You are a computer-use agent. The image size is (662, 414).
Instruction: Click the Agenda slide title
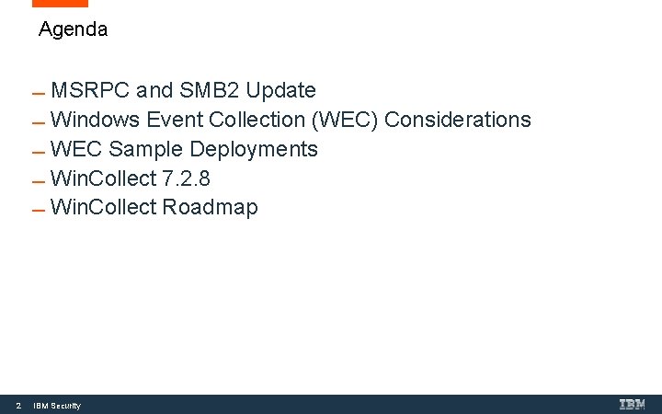point(74,29)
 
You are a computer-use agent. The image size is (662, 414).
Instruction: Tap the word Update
point(280,90)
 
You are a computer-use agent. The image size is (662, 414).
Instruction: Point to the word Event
point(174,120)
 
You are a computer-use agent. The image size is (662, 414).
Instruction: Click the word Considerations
point(458,120)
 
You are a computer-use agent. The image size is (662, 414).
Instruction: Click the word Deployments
point(254,150)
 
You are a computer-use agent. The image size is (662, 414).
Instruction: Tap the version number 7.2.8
point(186,178)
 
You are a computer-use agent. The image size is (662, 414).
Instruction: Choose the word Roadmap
point(211,208)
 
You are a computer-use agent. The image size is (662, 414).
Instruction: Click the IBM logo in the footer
point(633,404)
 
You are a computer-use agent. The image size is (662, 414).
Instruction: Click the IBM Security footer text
point(57,406)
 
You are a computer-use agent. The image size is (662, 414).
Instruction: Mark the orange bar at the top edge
point(60,4)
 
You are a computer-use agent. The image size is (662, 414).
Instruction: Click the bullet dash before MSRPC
point(38,94)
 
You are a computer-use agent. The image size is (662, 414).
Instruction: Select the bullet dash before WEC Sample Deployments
point(38,153)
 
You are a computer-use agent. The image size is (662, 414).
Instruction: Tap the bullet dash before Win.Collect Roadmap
point(38,211)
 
